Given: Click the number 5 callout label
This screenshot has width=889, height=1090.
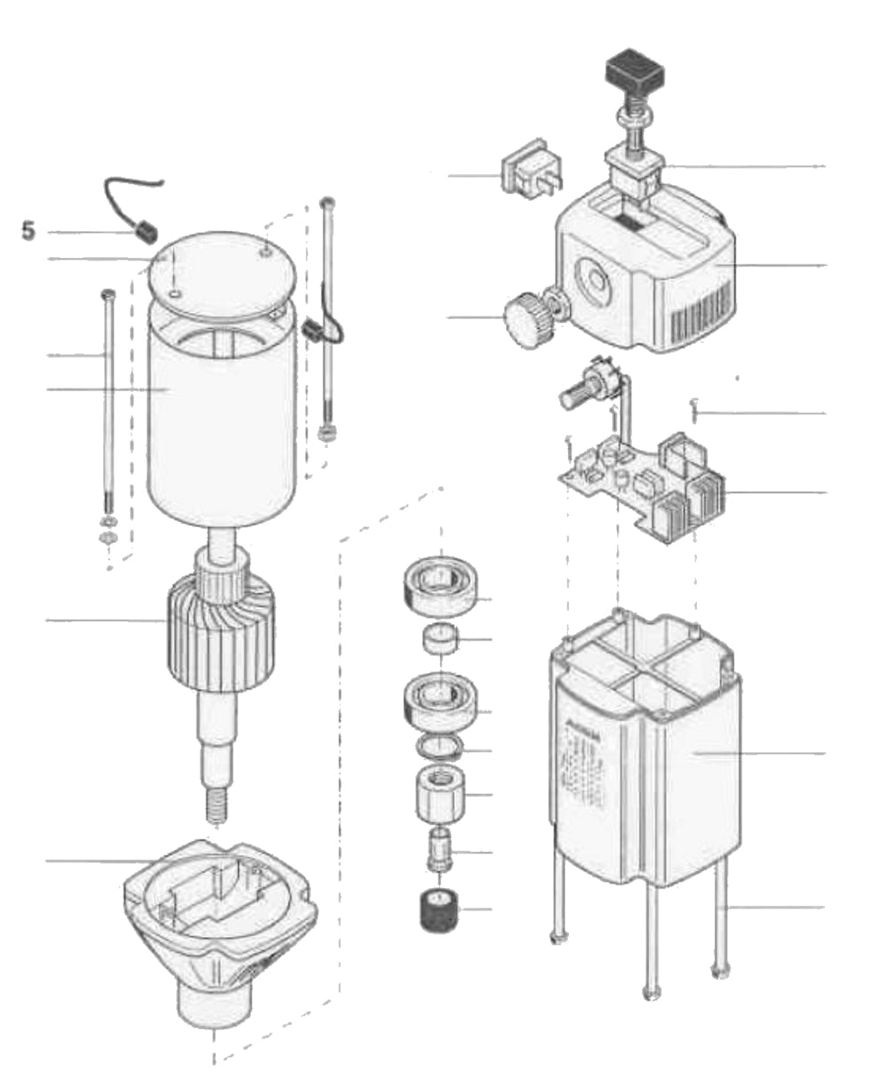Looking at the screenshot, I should point(29,231).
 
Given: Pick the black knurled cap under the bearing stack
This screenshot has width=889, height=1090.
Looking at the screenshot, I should point(437,910).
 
